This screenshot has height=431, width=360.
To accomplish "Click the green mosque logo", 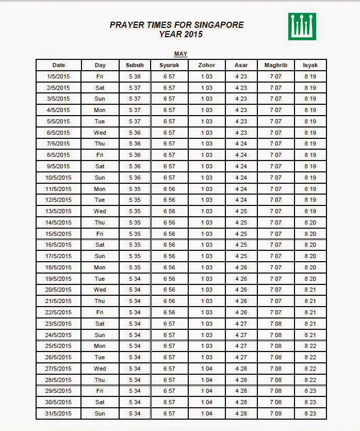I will pos(302,26).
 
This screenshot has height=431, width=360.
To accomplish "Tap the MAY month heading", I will pos(181,54).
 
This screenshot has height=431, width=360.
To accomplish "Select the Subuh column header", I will pos(135,65).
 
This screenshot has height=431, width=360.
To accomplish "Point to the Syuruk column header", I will pos(169,65).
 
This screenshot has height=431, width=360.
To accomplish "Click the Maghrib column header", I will pos(275,65).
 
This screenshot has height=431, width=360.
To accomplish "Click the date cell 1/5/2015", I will pos(58,76).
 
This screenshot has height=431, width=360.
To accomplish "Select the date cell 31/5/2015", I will pos(58,413).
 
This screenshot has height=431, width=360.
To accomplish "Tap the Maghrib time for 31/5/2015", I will pos(275,413).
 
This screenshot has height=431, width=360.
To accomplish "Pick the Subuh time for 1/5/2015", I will pos(135,76).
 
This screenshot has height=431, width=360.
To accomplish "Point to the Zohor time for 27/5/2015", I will pos(206,369).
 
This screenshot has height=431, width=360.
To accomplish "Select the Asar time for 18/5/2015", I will pos(241,267).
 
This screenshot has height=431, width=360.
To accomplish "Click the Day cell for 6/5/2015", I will pos(100,133).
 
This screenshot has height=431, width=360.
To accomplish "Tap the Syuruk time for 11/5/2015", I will pos(169,189).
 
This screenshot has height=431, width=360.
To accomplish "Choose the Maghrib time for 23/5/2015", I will pos(275,324).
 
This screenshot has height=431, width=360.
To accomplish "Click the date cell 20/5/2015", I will pos(58,290).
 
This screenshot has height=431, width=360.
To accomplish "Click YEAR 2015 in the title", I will pos(181,35).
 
